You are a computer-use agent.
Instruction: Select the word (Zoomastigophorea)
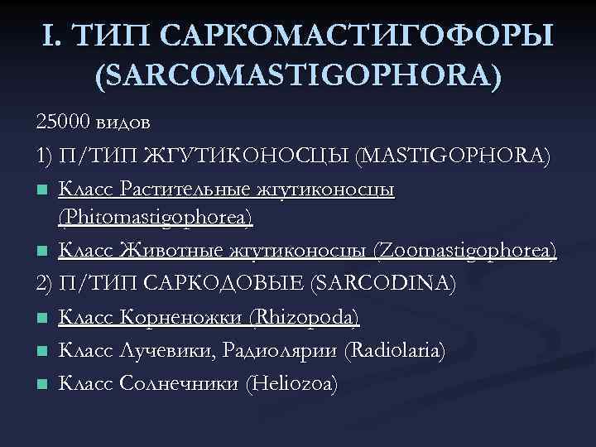pyautogui.click(x=465, y=251)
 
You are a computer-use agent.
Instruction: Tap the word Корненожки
pyautogui.click(x=170, y=317)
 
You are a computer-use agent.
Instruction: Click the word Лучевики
pyautogui.click(x=170, y=351)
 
